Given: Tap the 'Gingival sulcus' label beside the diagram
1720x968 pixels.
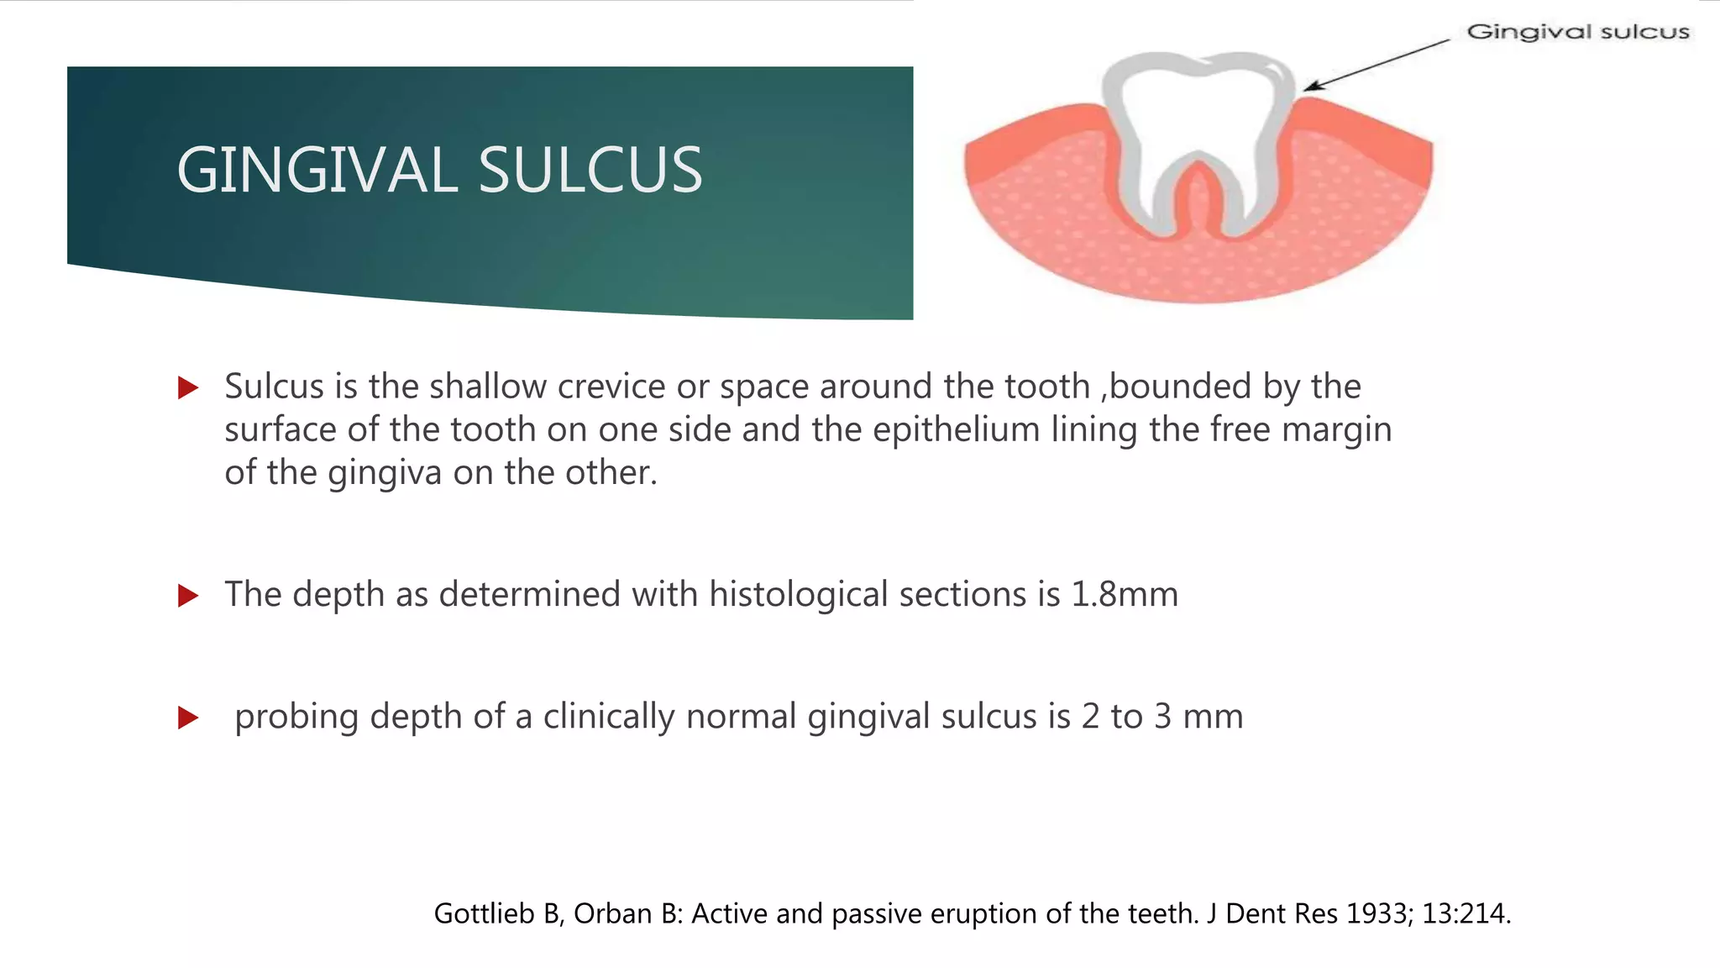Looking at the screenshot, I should [1577, 32].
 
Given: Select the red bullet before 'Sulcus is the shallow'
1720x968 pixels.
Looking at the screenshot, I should [188, 388].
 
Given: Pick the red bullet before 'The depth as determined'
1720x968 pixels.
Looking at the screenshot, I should [188, 597].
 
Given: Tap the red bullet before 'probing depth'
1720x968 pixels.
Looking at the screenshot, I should [188, 718].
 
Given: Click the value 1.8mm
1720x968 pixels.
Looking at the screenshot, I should [1125, 595].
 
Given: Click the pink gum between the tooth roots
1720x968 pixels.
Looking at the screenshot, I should [1199, 210].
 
